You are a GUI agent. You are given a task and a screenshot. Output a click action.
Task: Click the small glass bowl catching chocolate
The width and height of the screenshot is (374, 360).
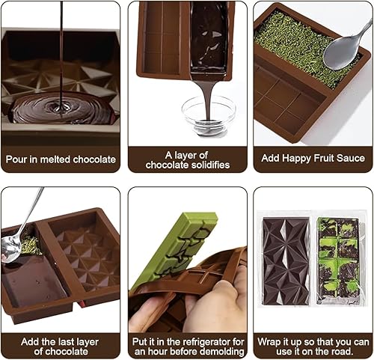(209, 115)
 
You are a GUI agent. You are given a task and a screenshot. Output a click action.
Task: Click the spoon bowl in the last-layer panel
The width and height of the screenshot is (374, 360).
(10, 248)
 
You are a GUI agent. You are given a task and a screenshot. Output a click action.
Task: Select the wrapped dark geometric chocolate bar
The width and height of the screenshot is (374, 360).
(286, 261)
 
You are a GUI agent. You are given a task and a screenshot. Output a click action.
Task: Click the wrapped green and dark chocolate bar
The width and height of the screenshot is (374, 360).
(338, 261)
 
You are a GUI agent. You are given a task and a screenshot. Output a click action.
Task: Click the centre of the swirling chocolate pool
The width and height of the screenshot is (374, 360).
(61, 109)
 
